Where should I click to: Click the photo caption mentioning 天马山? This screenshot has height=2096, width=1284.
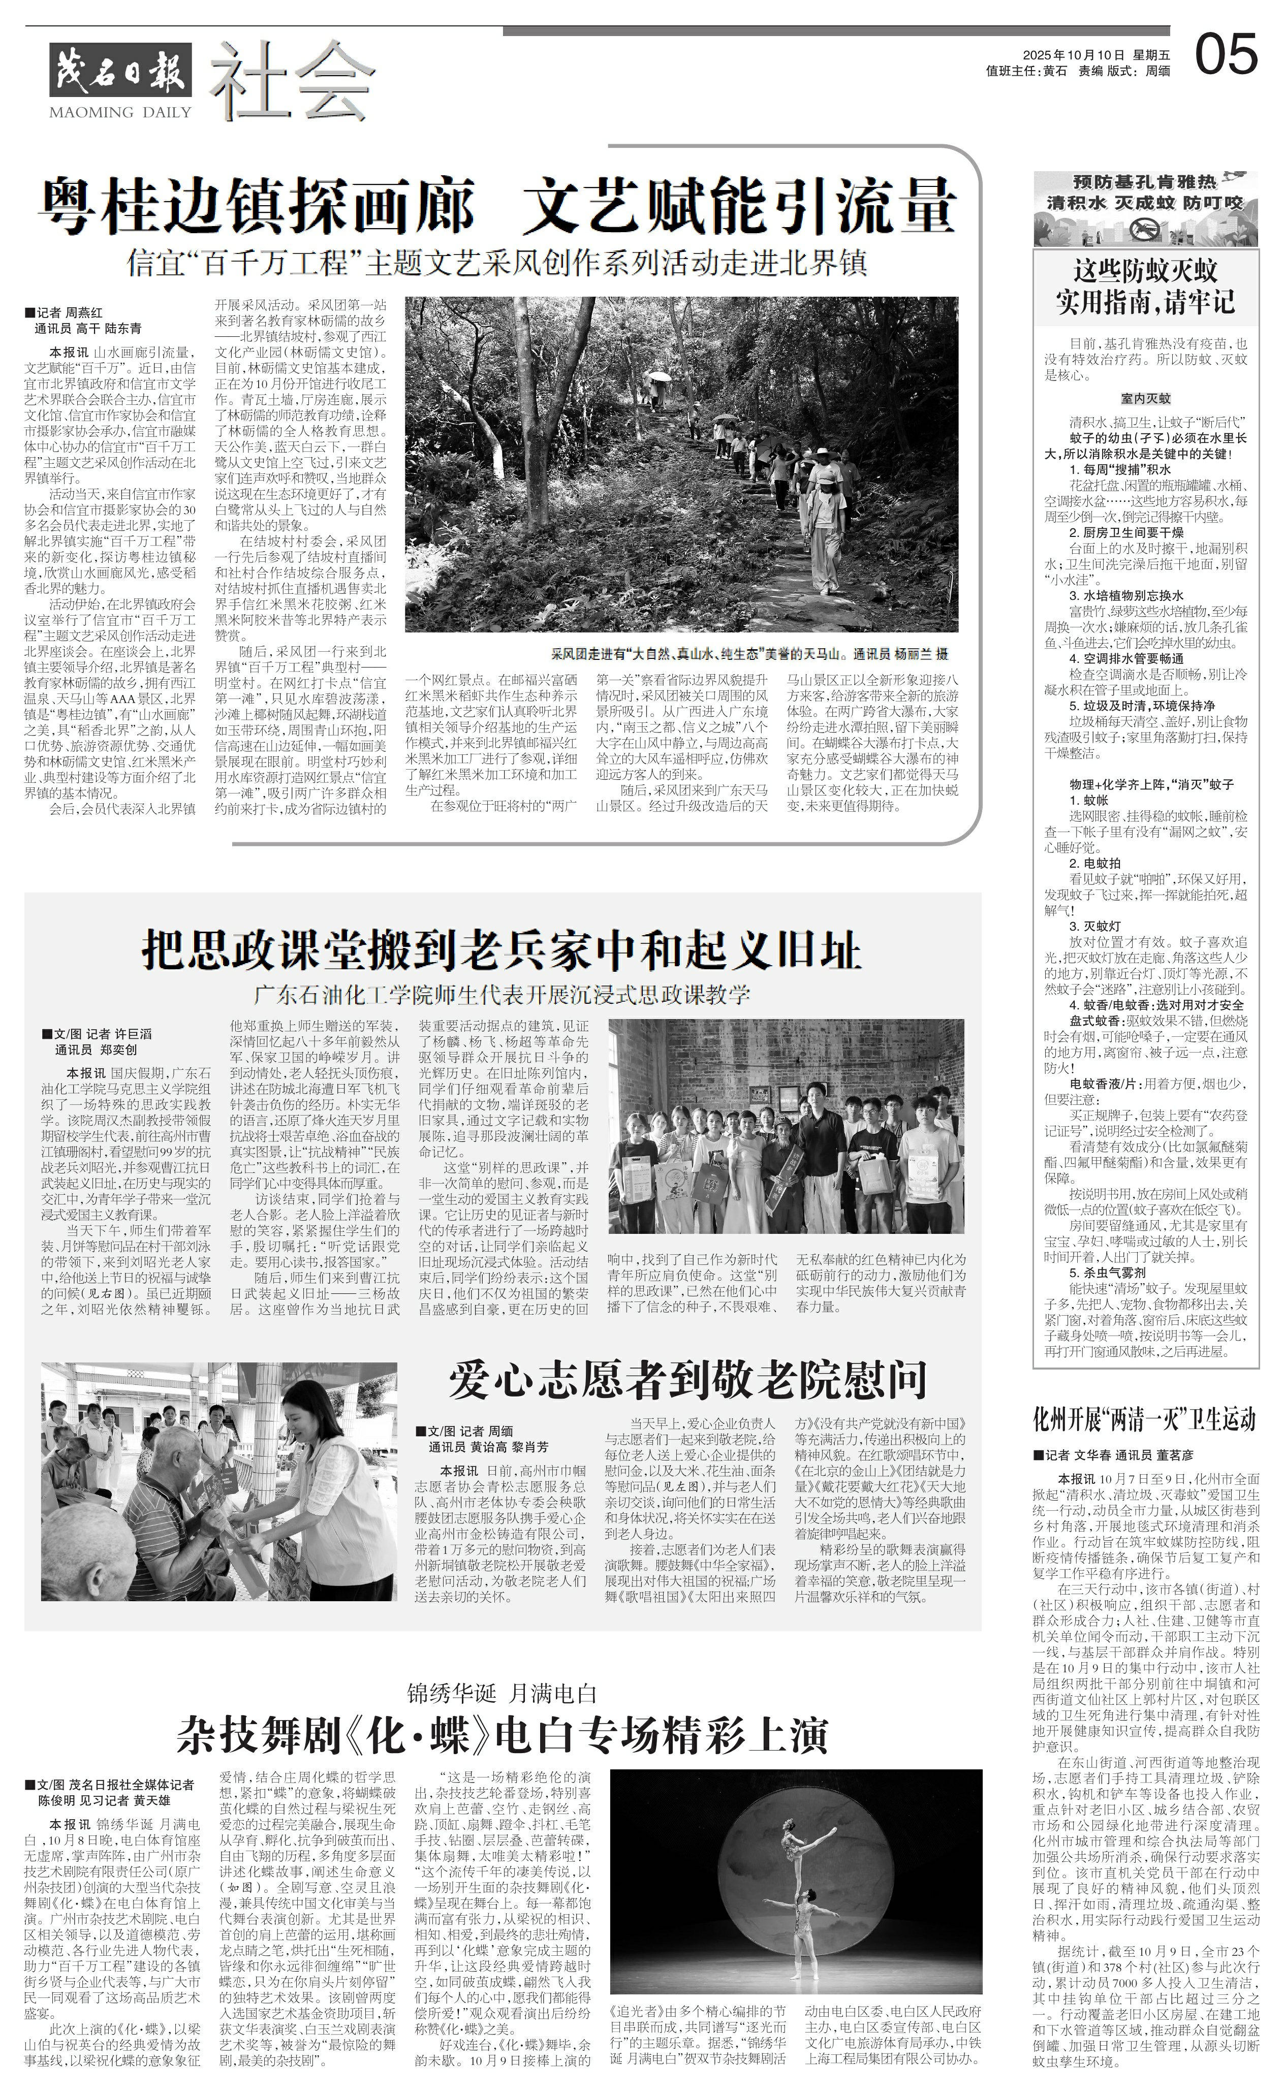coord(749,654)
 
